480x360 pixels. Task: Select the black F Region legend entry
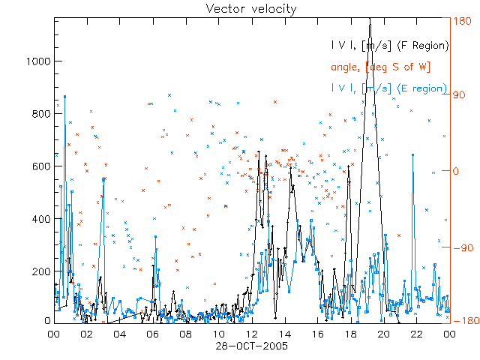coord(390,46)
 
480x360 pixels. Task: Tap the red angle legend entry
coord(380,67)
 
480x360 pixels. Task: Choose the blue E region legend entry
coord(390,88)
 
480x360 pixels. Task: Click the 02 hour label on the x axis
coord(86,335)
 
